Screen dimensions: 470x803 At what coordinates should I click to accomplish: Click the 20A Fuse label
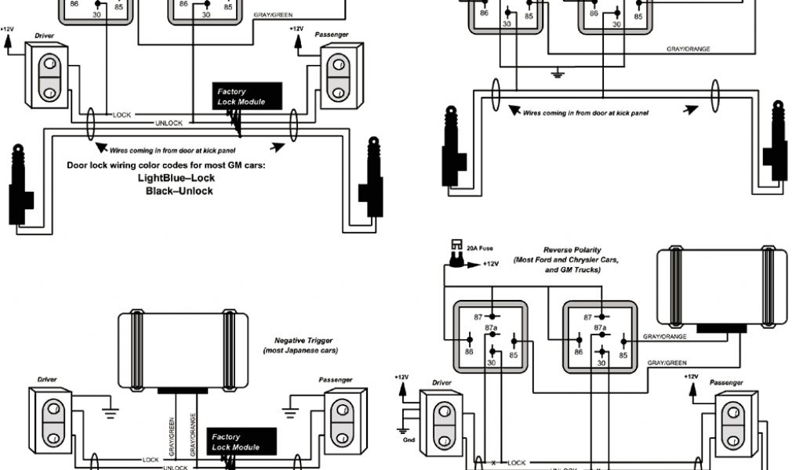(480, 248)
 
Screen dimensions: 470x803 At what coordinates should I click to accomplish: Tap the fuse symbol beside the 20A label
(454, 252)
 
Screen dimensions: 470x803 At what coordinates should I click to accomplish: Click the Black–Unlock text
(179, 191)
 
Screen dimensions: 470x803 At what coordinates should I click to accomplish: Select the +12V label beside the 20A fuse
(490, 264)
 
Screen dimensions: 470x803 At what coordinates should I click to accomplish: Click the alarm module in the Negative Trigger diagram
(184, 348)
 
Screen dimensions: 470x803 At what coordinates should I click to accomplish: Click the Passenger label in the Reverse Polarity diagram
(726, 382)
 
